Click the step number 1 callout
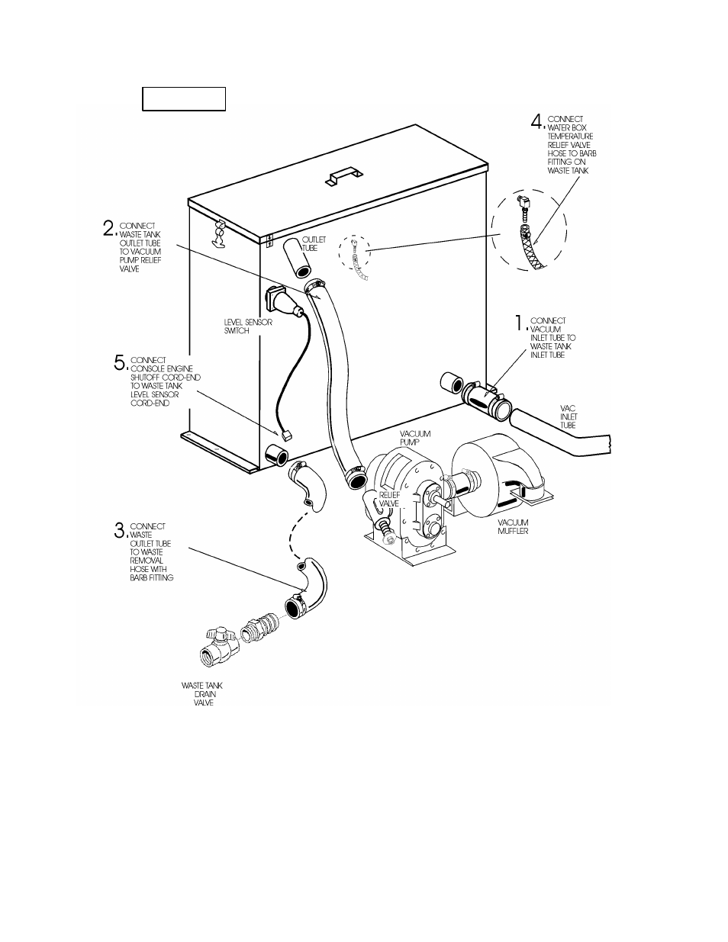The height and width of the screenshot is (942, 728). coord(520,323)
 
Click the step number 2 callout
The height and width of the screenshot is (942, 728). coord(110,228)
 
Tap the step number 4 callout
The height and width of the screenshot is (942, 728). coord(538,121)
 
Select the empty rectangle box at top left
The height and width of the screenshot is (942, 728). coord(184,99)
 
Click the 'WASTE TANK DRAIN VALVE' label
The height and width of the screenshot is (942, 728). coord(202,693)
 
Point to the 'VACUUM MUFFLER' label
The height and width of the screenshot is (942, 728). coord(513,526)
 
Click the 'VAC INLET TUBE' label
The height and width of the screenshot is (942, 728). coord(569,416)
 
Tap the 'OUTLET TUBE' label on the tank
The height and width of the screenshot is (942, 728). coord(313,244)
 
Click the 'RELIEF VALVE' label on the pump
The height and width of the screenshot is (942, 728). coord(389,500)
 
